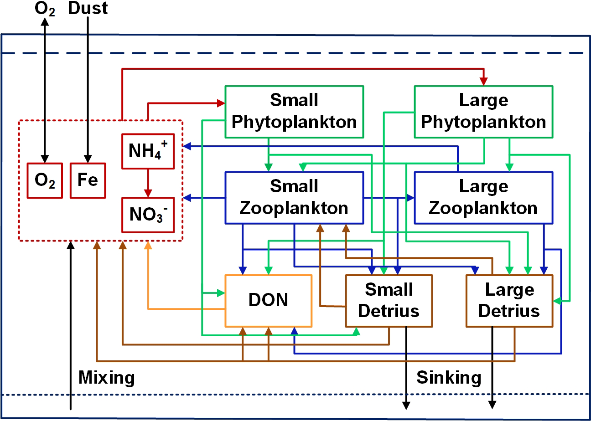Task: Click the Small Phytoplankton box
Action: (294, 112)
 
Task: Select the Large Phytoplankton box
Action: (483, 112)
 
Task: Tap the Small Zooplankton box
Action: (294, 197)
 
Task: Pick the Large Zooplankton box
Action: (483, 197)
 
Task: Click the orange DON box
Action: (268, 301)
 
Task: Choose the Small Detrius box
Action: (389, 301)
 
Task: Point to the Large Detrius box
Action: (509, 301)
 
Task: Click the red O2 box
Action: (45, 180)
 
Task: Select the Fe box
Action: (88, 180)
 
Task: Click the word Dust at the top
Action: (88, 9)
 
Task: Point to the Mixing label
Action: (107, 378)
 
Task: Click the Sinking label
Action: (449, 378)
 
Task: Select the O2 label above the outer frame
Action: (45, 9)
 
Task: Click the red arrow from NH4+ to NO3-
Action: (147, 182)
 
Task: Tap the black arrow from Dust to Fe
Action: (88, 91)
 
